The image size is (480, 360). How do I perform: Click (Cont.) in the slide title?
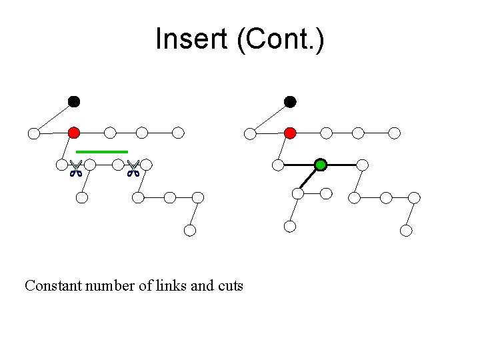280,39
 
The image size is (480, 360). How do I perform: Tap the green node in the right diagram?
321,164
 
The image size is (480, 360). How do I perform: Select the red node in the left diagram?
74,133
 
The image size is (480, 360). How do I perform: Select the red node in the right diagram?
290,133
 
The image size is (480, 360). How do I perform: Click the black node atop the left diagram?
74,101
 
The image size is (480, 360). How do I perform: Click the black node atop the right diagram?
290,101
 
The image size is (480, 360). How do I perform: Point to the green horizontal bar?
101,152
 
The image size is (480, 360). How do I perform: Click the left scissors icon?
75,169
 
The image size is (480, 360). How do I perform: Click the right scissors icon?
133,169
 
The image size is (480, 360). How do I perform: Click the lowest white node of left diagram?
190,231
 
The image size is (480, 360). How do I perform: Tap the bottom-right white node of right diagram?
406,231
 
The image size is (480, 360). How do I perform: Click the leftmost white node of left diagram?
33,133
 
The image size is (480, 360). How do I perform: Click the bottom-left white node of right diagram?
290,226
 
